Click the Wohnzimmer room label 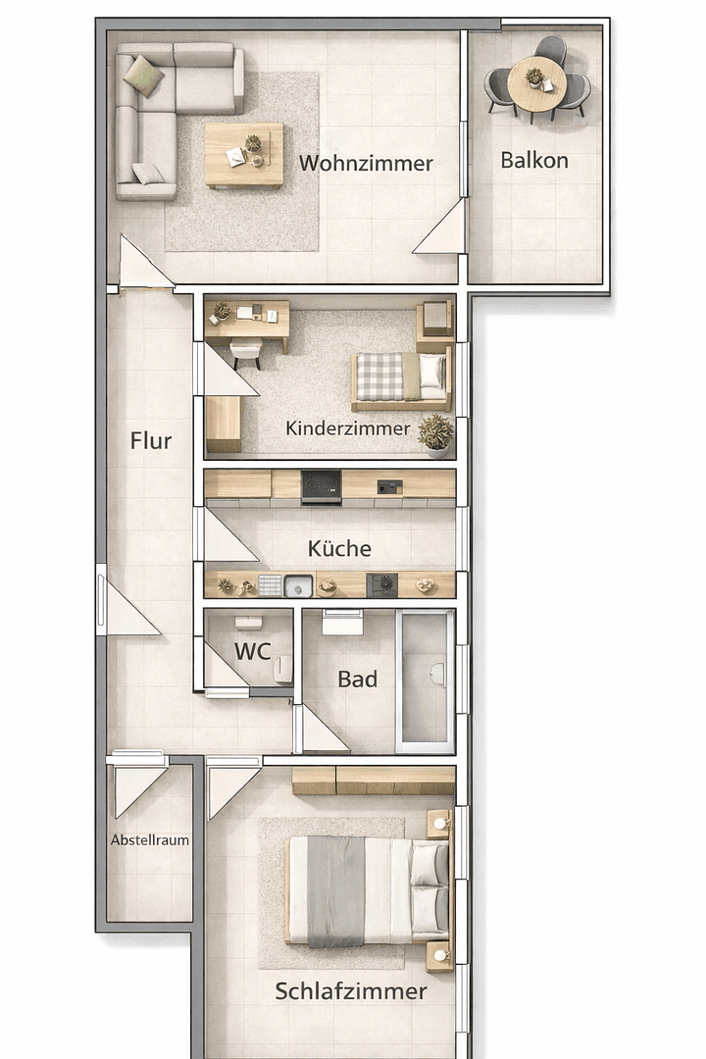coord(366,163)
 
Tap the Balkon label coord(534,160)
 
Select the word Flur coord(151,440)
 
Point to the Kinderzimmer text coord(348,429)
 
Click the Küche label coord(339,548)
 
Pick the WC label coord(252,651)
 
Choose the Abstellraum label coord(150,840)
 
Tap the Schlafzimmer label coord(351,991)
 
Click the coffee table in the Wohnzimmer coord(244,154)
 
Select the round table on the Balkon coord(536,82)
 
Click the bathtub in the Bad coord(426,680)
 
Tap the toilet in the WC coord(282,669)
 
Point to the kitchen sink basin coord(298,586)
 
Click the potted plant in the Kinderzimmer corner coord(435,433)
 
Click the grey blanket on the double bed coord(335,890)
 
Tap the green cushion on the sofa coord(144,75)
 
